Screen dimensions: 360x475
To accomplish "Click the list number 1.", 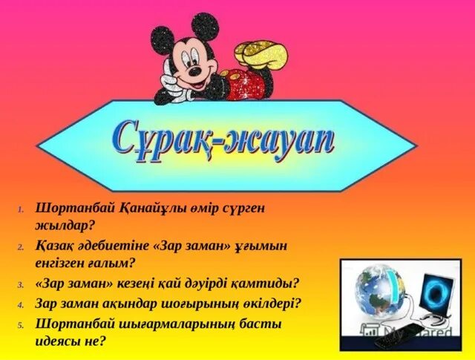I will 22,209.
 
